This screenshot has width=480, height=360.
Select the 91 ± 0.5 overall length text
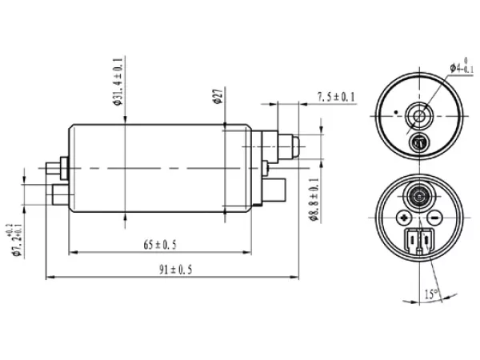[x=174, y=270]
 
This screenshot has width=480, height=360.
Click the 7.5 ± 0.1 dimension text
[x=336, y=97]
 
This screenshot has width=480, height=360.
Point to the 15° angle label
[x=431, y=294]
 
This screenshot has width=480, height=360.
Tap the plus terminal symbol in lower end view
[x=402, y=218]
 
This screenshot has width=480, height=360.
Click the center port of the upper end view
[x=418, y=117]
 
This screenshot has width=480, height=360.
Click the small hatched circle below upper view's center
[x=418, y=142]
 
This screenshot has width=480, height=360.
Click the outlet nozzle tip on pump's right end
[x=295, y=146]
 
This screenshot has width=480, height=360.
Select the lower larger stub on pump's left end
[x=58, y=193]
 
